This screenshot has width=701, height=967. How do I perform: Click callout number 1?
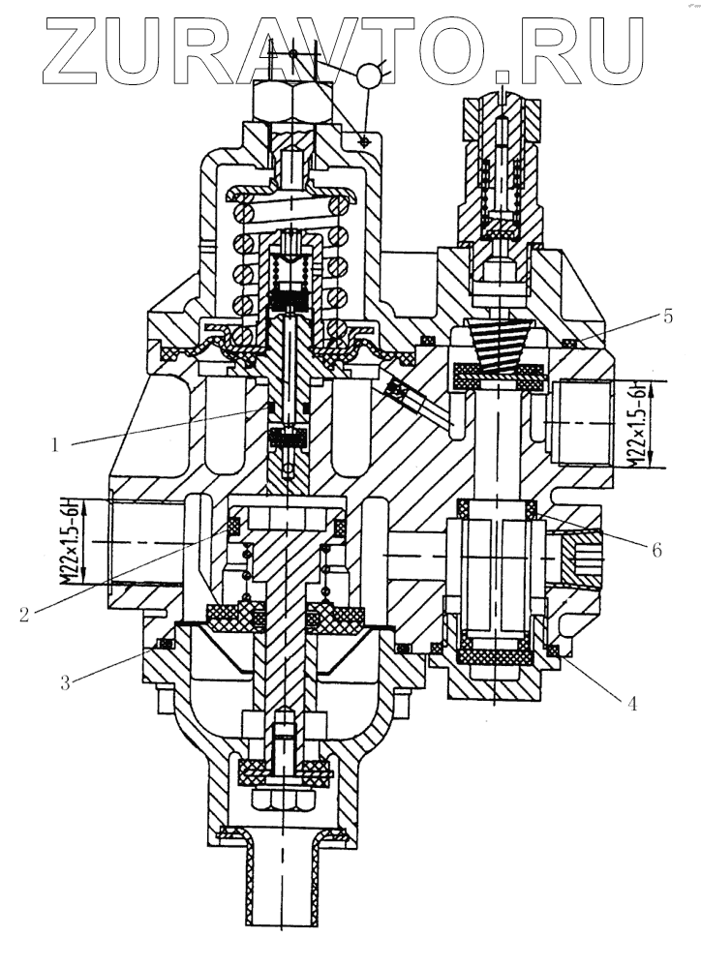tap(55, 444)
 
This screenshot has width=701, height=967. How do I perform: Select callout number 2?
tap(24, 614)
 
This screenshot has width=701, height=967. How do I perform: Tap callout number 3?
tap(65, 682)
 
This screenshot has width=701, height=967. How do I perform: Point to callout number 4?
tap(632, 703)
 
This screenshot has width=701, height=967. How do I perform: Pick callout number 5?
tap(667, 317)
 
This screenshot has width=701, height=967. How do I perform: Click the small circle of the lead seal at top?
tap(369, 75)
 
